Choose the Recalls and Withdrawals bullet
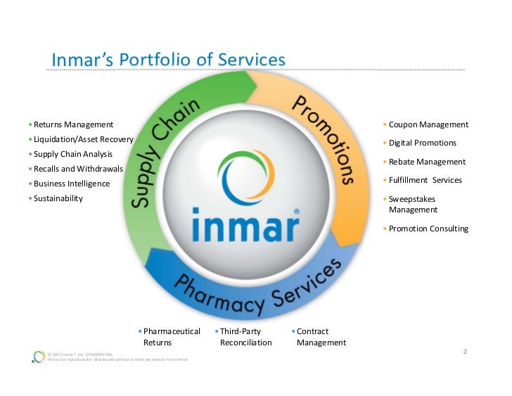pyautogui.click(x=78, y=169)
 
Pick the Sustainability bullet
pyautogui.click(x=58, y=198)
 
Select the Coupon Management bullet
pyautogui.click(x=428, y=124)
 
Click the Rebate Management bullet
pyautogui.click(x=427, y=162)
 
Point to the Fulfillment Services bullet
pyautogui.click(x=425, y=180)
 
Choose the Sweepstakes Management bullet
pyautogui.click(x=414, y=204)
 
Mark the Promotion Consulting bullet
pyautogui.click(x=428, y=229)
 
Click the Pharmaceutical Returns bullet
pyautogui.click(x=171, y=337)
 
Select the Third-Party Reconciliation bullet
pyautogui.click(x=245, y=337)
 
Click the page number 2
pyautogui.click(x=466, y=351)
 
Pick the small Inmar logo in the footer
pyautogui.click(x=39, y=357)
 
